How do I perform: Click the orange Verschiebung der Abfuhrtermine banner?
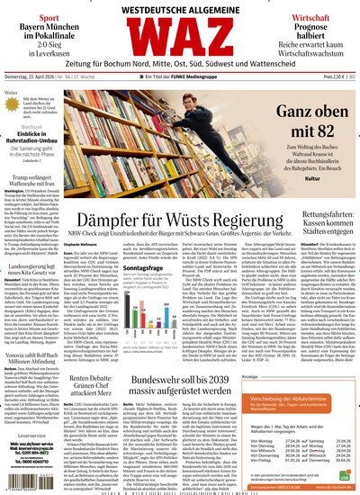point(295,400)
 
